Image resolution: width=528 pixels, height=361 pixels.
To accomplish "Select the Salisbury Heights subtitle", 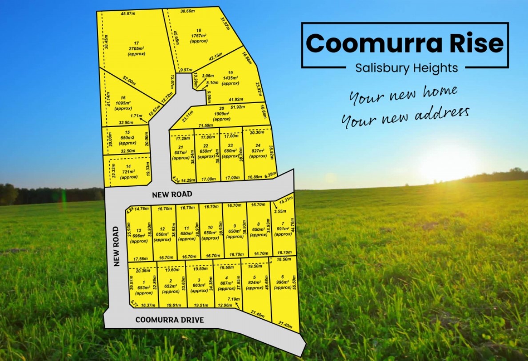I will click(x=406, y=68).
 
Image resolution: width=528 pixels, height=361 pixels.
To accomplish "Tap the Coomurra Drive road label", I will click(x=169, y=320).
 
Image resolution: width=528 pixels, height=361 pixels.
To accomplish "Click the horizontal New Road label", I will click(x=172, y=194).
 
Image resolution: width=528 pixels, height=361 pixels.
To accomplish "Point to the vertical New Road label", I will click(x=117, y=246).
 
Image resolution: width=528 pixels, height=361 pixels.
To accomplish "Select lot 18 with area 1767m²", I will click(x=198, y=36).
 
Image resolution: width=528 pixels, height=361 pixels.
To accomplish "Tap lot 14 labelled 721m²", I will click(x=128, y=172).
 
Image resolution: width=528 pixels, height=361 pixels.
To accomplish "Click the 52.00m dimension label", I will click(x=129, y=81).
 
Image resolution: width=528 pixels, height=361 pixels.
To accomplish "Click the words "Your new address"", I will click(x=405, y=117).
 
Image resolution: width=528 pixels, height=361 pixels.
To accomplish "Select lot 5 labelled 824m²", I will click(x=254, y=285).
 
